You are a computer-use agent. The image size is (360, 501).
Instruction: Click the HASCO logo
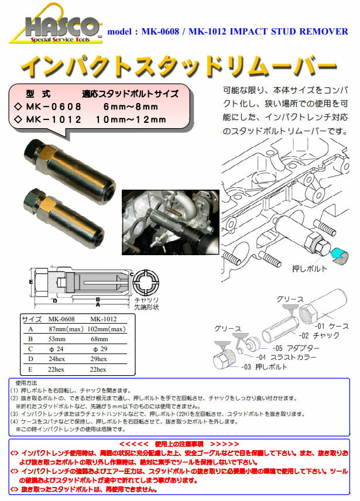point(56,29)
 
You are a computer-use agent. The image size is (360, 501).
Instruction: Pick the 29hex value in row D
point(99,359)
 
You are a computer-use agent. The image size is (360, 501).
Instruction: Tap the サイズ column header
point(30,320)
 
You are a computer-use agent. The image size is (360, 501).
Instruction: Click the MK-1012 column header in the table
point(104,320)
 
